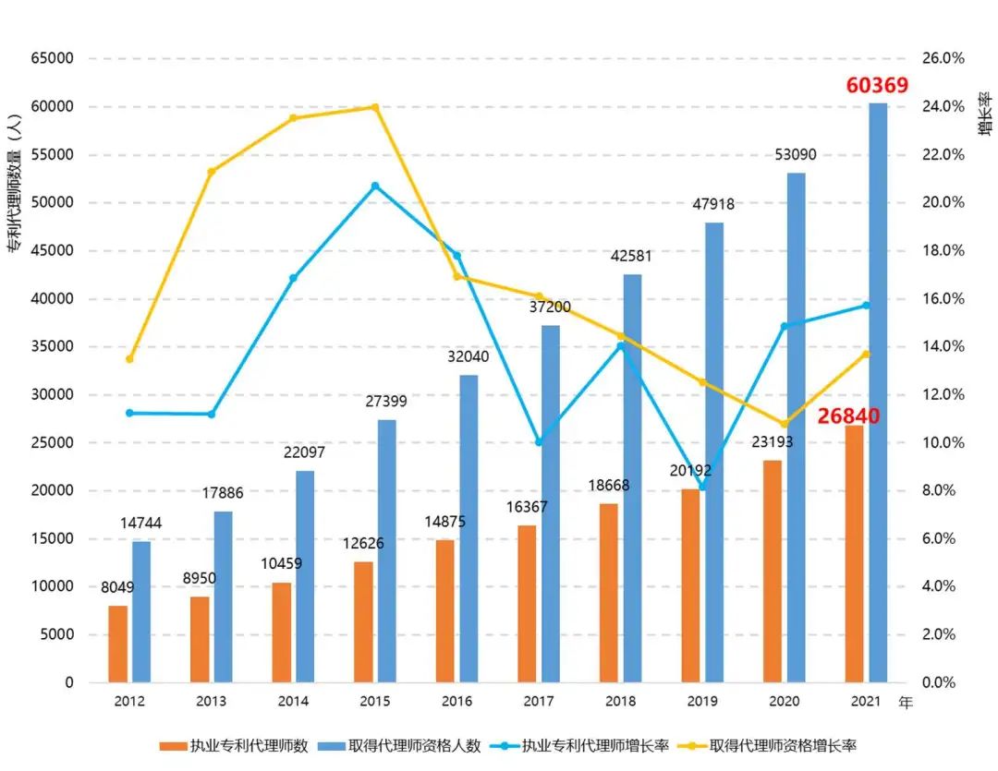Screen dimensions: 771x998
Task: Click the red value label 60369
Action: click(877, 86)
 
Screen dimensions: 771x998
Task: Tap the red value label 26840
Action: click(848, 416)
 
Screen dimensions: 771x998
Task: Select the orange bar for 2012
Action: click(117, 644)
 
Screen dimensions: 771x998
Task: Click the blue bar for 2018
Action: click(632, 478)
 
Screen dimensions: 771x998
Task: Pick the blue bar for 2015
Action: click(386, 551)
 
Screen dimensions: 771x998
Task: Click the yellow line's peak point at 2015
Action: click(374, 107)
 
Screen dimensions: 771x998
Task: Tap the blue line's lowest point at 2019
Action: click(702, 487)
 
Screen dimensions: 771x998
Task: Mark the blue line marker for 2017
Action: click(539, 442)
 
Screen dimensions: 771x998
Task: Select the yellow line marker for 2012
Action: click(129, 359)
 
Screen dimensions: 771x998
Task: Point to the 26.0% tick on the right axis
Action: click(943, 58)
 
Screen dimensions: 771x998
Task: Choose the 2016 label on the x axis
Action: click(456, 702)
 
